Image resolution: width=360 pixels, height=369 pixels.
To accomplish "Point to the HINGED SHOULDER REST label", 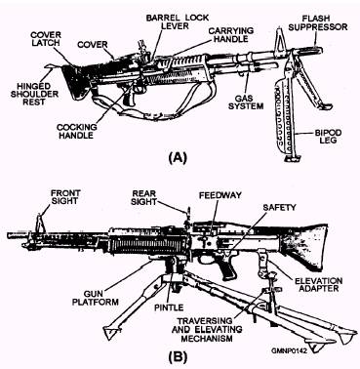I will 30,95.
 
